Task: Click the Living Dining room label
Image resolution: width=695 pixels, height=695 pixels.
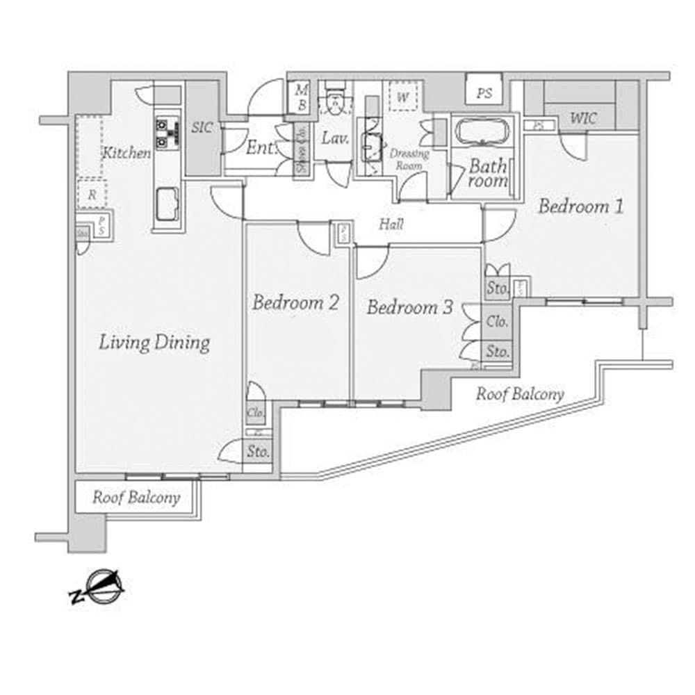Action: click(154, 343)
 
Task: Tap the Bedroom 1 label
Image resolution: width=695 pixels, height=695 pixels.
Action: click(580, 206)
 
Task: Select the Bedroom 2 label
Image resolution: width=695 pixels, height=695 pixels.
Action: click(295, 302)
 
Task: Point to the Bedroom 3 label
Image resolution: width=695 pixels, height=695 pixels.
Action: click(410, 306)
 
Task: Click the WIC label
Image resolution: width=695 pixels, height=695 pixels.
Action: click(583, 119)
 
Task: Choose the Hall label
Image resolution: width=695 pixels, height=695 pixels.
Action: click(391, 224)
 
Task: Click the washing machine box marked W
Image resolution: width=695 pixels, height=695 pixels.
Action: click(402, 96)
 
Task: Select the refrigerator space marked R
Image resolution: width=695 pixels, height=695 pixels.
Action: click(91, 194)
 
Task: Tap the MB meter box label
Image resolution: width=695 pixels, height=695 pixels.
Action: click(302, 97)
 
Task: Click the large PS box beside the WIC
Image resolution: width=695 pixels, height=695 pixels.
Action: click(484, 92)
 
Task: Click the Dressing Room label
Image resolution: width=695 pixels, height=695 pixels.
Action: click(409, 159)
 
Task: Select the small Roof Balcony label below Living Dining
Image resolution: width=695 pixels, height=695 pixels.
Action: click(136, 498)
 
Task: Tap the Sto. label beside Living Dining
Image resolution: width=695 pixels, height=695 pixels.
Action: click(257, 452)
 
